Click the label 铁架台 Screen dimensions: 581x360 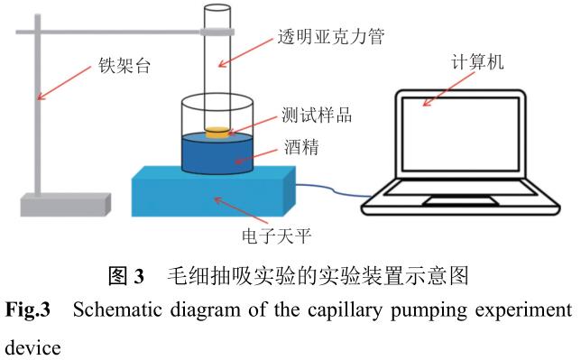click(x=124, y=66)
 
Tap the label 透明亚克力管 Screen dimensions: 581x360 click(x=331, y=36)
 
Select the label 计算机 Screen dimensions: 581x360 click(x=477, y=61)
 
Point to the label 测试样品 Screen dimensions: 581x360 click(x=317, y=115)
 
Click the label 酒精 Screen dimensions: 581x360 click(x=301, y=147)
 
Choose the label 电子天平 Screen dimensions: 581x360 click(x=276, y=236)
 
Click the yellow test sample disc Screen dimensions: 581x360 click(x=218, y=133)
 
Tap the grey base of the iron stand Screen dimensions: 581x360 click(x=65, y=205)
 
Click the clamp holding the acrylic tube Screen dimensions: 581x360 click(x=217, y=32)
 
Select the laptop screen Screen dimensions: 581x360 click(x=460, y=134)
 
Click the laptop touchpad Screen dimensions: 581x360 click(x=461, y=201)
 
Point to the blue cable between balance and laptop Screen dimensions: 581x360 click(x=333, y=189)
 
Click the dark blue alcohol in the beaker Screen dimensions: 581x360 click(x=217, y=153)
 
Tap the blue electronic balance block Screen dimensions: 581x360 click(x=214, y=191)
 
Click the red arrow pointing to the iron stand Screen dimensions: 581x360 click(x=64, y=83)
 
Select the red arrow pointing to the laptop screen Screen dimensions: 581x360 click(x=448, y=89)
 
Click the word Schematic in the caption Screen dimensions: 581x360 click(x=117, y=310)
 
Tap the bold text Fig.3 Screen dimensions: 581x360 click(x=28, y=309)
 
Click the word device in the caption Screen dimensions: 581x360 click(x=33, y=347)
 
